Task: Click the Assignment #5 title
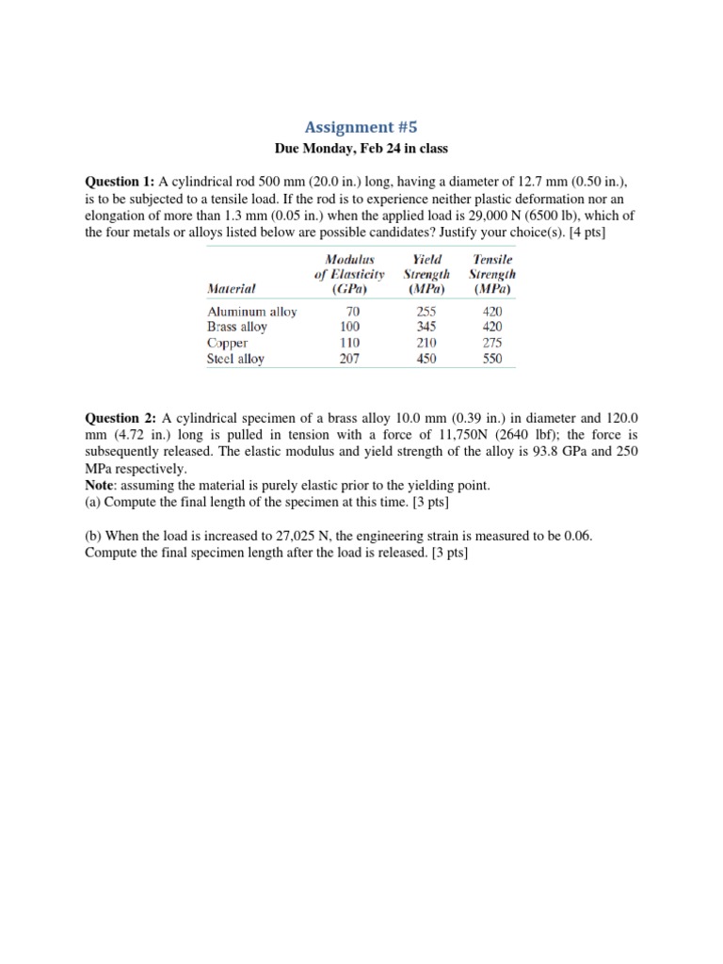coord(361,126)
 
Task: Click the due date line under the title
coord(361,149)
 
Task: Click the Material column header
coord(233,288)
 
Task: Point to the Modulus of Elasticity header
coord(349,273)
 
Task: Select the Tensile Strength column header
coord(491,273)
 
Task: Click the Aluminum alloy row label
coord(251,312)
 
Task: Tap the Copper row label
coord(227,343)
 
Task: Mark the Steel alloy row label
coord(235,359)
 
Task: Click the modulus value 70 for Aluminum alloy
coord(353,312)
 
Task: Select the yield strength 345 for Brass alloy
coord(426,327)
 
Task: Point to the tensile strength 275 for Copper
coord(491,343)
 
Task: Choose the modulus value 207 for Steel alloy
coord(349,359)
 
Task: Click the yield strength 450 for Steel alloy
coord(426,359)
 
